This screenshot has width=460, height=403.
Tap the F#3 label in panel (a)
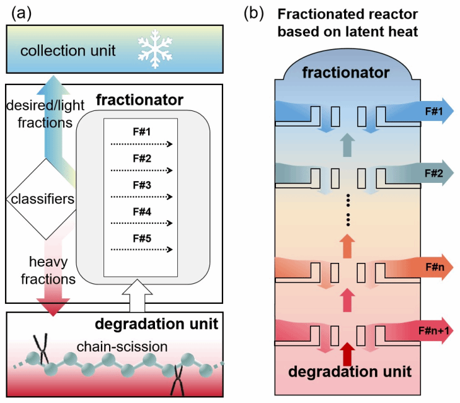(142, 184)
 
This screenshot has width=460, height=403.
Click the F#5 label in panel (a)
(142, 237)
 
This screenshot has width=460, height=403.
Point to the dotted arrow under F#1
(142, 144)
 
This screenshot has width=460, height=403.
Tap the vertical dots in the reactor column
(348, 210)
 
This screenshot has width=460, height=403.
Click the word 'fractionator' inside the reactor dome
(346, 73)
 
